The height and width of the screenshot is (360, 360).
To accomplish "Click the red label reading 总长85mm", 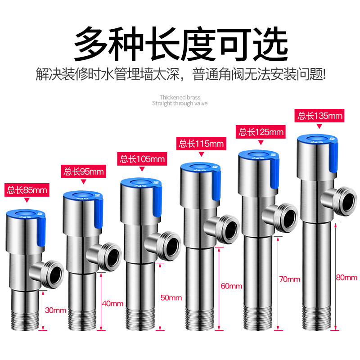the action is (x=27, y=190).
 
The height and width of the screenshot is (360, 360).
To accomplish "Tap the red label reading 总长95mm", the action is (x=84, y=171).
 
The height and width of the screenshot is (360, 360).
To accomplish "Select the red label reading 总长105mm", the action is (x=142, y=159).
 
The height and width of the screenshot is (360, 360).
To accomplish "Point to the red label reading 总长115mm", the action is (x=201, y=144).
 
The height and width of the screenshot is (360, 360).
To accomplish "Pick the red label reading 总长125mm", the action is (x=261, y=132).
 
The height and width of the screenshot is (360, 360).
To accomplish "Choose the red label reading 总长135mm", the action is (x=319, y=116).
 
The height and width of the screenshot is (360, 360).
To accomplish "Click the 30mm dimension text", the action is (x=55, y=310).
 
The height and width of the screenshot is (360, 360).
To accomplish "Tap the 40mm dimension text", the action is (x=112, y=303).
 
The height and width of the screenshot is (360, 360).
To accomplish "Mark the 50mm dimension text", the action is (x=171, y=297).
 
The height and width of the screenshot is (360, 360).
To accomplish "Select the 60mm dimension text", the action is (x=231, y=286).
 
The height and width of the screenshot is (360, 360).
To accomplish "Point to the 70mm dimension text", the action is (x=290, y=279).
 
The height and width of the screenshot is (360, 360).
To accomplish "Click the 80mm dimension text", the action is (x=346, y=277).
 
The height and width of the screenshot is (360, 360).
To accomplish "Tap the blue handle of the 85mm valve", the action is (x=41, y=231).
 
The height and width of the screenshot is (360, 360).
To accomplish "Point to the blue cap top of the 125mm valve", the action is (x=258, y=154).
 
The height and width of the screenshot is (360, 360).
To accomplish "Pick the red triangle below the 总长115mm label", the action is (x=201, y=154).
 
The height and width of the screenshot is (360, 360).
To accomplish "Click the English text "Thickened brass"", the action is (x=180, y=97).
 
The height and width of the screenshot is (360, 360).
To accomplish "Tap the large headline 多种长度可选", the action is (x=181, y=44).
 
